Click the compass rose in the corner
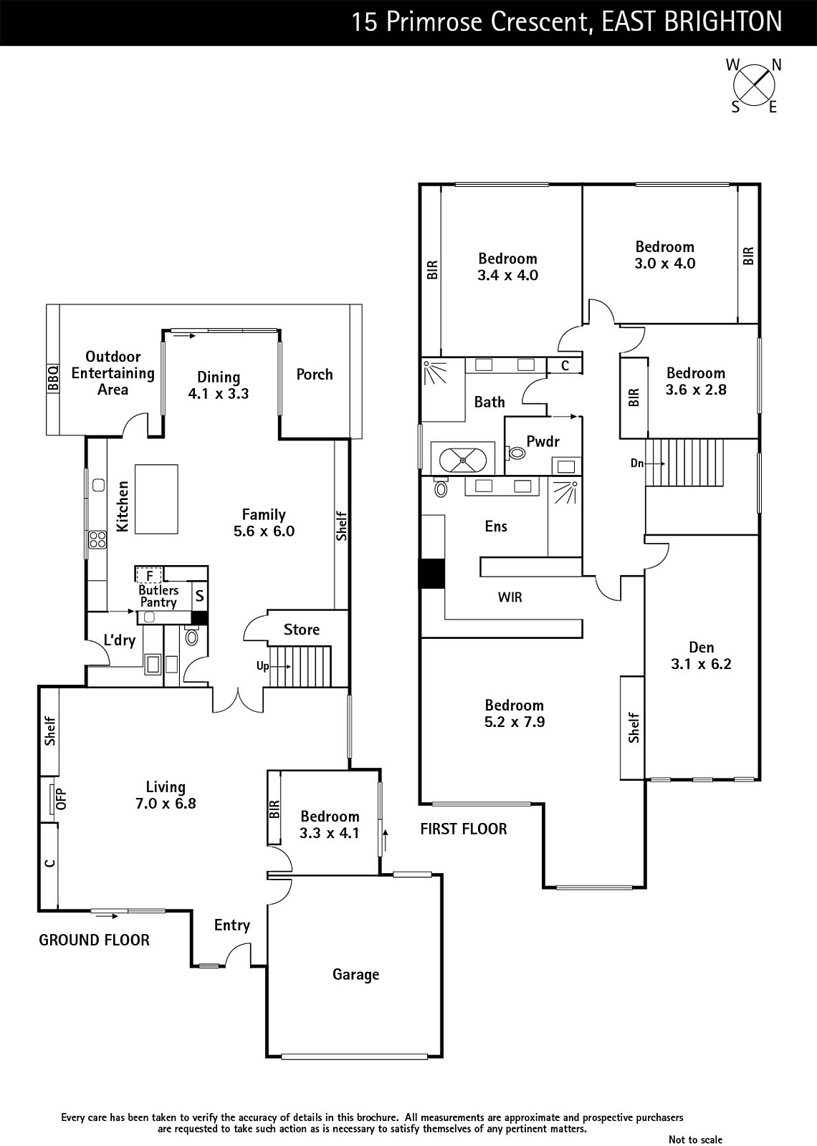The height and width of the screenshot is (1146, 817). [x=754, y=85]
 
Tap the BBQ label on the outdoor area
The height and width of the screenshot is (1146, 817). [x=53, y=378]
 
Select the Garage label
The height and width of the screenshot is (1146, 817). [x=355, y=975]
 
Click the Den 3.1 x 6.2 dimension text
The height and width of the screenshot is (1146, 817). [x=701, y=663]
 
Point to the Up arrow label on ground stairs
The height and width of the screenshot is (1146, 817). [x=262, y=665]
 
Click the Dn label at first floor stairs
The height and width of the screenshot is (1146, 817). [x=637, y=463]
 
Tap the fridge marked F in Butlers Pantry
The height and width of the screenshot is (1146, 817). [x=149, y=575]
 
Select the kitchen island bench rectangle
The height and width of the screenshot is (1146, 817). [x=156, y=499]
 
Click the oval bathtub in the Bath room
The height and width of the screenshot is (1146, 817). [x=463, y=459]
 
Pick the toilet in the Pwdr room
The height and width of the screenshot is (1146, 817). [x=517, y=453]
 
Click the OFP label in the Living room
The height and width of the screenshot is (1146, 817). [x=62, y=799]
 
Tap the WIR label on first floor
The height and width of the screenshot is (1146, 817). [x=510, y=597]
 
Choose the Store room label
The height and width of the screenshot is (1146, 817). [x=302, y=630]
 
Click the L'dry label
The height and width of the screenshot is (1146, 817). [x=119, y=640]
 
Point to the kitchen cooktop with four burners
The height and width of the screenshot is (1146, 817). [x=97, y=539]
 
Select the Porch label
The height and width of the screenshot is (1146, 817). [x=315, y=375]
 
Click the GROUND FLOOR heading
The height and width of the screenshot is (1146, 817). [x=94, y=940]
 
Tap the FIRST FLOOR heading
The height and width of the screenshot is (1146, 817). [x=464, y=829]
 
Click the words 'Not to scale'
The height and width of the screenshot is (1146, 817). [x=695, y=1140]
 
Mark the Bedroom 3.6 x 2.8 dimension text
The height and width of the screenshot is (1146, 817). [x=696, y=390]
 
